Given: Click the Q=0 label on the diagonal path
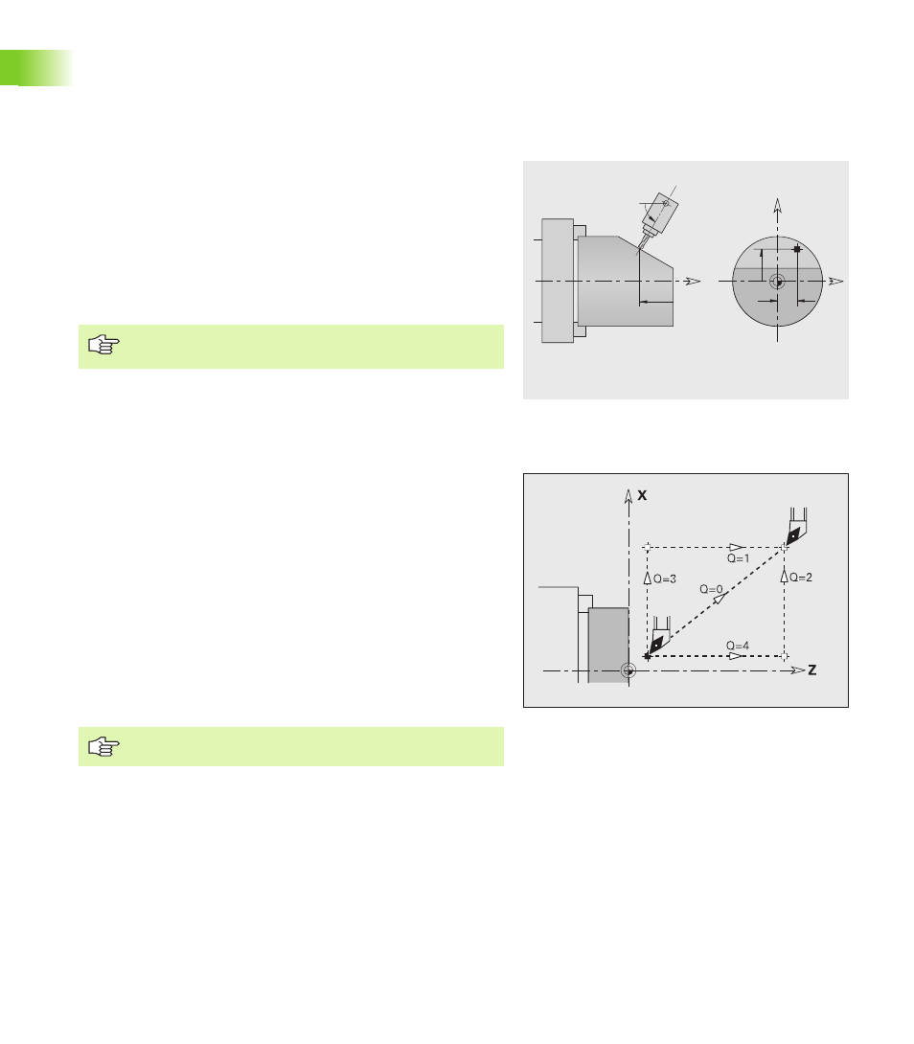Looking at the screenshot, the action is click(711, 589).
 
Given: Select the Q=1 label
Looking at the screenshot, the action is click(738, 558).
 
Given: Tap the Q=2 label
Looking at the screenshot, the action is click(801, 578).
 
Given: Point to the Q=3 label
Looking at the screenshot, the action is click(665, 579).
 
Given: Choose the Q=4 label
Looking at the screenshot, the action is click(738, 646).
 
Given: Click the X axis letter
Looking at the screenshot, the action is click(642, 495).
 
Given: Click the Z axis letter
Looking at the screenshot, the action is click(812, 670).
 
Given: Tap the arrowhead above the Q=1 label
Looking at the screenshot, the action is click(736, 547).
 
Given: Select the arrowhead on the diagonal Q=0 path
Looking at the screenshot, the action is click(720, 599).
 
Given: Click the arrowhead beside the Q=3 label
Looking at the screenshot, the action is click(647, 578).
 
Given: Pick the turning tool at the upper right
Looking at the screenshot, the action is click(795, 527).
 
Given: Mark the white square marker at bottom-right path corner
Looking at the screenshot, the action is click(784, 656).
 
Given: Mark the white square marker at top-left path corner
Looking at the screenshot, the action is click(647, 547).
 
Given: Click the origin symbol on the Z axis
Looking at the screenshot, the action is click(628, 670).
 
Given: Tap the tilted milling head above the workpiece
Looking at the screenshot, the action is click(657, 216).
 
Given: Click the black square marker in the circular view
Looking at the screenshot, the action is click(797, 249).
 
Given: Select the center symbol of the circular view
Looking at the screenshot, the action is click(777, 282).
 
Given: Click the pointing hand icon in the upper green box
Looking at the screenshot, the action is click(103, 345).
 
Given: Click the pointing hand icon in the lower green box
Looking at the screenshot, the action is click(103, 746).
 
